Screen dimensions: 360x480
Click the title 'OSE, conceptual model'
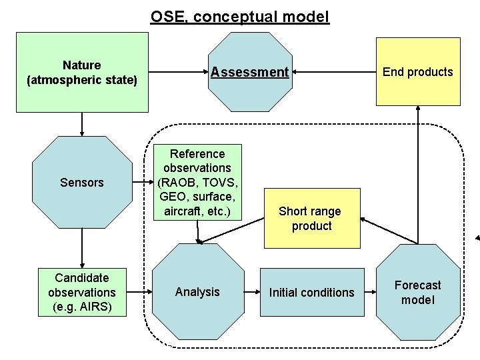[240, 17]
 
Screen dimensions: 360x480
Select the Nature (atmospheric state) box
[82, 72]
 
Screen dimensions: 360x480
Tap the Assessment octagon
[250, 72]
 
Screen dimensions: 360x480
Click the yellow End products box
[418, 72]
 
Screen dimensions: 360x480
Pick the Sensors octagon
[82, 183]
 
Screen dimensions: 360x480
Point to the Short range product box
[310, 219]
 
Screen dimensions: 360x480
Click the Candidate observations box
[82, 292]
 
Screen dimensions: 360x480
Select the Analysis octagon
[197, 292]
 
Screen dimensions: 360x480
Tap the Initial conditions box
[312, 292]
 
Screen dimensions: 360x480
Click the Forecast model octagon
[418, 292]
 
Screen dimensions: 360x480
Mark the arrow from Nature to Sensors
[82, 124]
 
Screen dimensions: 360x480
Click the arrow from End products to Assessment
[333, 71]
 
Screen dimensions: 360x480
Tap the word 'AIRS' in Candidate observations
[95, 307]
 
